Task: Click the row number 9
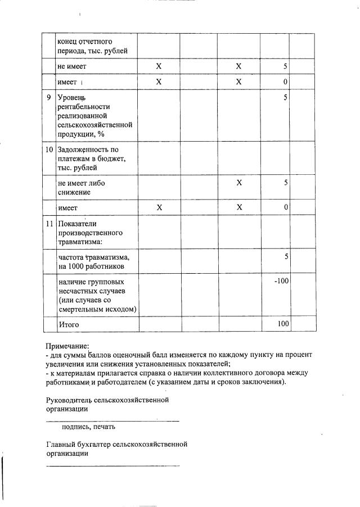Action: coord(49,98)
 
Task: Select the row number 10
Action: coord(49,150)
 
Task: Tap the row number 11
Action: coord(49,224)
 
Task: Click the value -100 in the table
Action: coord(281,280)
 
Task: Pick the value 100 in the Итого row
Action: coord(283,324)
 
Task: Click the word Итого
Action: coord(69,325)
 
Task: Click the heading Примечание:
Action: coord(67,346)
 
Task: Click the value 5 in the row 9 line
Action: coord(286,98)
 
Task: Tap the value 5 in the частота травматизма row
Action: coord(286,257)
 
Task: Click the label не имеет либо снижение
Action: coord(82,188)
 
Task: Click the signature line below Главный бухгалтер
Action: coord(112,465)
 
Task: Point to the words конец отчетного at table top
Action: coord(85,42)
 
